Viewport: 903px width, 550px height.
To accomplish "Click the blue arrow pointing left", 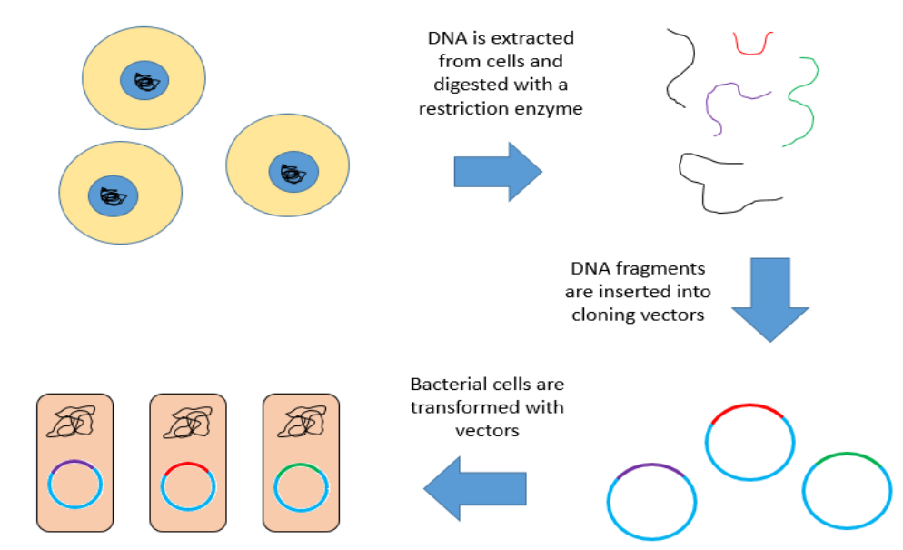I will pyautogui.click(x=475, y=490).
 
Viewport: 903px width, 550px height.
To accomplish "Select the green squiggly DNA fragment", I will pyautogui.click(x=803, y=100).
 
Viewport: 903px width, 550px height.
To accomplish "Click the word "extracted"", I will pyautogui.click(x=537, y=39).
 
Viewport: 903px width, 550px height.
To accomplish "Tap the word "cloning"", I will pyautogui.click(x=606, y=315).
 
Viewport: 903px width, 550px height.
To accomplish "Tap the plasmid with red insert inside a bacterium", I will pyautogui.click(x=188, y=486).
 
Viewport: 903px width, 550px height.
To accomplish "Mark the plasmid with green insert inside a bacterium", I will pyautogui.click(x=301, y=486).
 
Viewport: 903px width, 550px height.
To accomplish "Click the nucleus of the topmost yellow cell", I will pyautogui.click(x=145, y=82).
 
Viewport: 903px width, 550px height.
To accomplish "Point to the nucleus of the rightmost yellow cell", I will pyautogui.click(x=293, y=171).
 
